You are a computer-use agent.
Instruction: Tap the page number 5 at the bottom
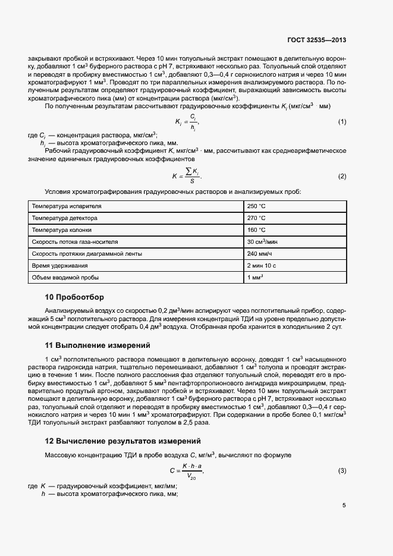[344, 505]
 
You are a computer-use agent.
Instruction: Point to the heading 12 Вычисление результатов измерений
[123, 441]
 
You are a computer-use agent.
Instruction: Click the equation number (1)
[342, 122]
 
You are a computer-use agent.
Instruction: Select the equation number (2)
[342, 177]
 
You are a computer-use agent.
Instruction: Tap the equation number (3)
[342, 471]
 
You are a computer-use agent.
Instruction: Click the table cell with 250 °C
[256, 206]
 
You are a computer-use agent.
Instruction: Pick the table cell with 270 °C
[256, 218]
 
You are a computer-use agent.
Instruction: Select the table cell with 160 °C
[256, 230]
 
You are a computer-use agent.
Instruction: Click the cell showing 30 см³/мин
[262, 242]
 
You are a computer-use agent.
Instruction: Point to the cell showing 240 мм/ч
[259, 254]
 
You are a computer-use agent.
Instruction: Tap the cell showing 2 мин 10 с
[262, 266]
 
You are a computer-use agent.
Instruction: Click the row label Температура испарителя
[67, 206]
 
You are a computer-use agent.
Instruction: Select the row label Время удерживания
[59, 266]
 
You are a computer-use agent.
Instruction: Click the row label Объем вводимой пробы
[65, 278]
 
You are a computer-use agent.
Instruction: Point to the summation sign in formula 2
[188, 172]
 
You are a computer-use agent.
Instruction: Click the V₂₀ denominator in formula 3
[191, 476]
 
